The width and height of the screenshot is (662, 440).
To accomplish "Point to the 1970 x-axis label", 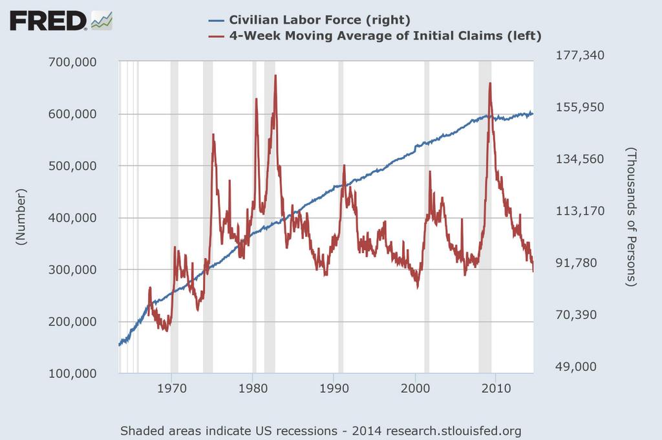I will (x=171, y=390).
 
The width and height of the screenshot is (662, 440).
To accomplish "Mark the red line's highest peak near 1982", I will (x=275, y=76).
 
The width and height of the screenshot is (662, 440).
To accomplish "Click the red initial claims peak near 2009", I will (x=490, y=83).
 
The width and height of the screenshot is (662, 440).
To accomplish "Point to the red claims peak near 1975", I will (x=213, y=134).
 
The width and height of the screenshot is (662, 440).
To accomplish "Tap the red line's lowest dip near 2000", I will (x=418, y=287).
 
